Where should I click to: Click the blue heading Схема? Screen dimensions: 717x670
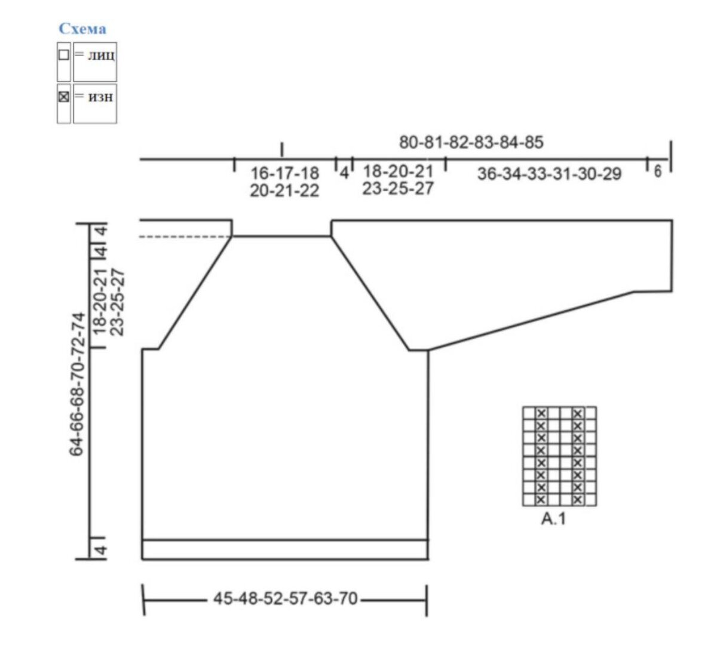click(82, 29)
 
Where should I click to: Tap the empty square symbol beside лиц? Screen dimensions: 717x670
click(63, 55)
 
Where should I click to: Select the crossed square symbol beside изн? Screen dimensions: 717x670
click(63, 97)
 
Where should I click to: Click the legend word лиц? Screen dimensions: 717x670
click(102, 56)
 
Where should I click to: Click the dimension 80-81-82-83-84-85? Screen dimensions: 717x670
click(471, 142)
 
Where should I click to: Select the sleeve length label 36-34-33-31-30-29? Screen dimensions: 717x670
click(550, 174)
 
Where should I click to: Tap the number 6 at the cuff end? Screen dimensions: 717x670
click(658, 172)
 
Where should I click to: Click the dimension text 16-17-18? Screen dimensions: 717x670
click(285, 173)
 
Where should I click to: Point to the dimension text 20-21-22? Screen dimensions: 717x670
click(284, 190)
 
